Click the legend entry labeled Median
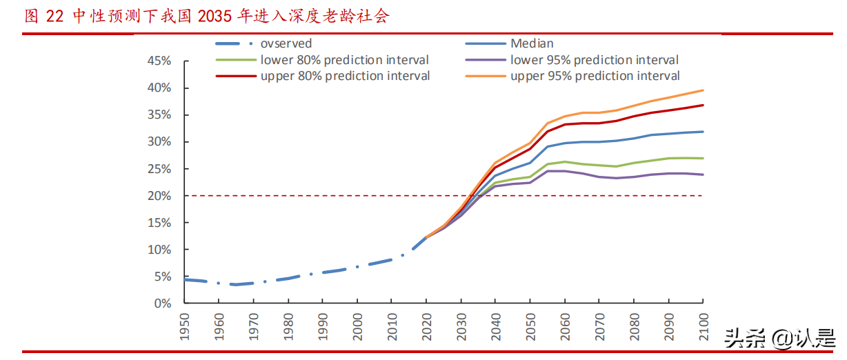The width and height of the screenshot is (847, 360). [x=532, y=43]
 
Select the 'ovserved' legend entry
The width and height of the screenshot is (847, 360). [x=286, y=43]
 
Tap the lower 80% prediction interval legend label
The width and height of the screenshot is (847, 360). [x=344, y=60]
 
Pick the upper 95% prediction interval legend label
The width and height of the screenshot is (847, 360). [x=595, y=76]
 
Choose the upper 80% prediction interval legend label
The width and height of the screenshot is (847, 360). [x=345, y=76]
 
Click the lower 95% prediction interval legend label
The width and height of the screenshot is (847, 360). [x=594, y=60]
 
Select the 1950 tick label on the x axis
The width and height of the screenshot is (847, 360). [x=184, y=326]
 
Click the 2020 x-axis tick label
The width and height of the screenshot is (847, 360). [x=426, y=326]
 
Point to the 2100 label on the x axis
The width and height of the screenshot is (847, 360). [x=703, y=326]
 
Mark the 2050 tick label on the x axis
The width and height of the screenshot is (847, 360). [x=530, y=326]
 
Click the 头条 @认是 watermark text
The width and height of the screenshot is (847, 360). [x=779, y=339]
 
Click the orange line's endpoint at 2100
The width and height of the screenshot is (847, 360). [x=703, y=90]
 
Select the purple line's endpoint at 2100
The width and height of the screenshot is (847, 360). [x=703, y=174]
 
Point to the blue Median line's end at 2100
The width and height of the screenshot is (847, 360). [x=703, y=132]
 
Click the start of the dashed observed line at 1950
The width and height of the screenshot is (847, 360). [x=185, y=279]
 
